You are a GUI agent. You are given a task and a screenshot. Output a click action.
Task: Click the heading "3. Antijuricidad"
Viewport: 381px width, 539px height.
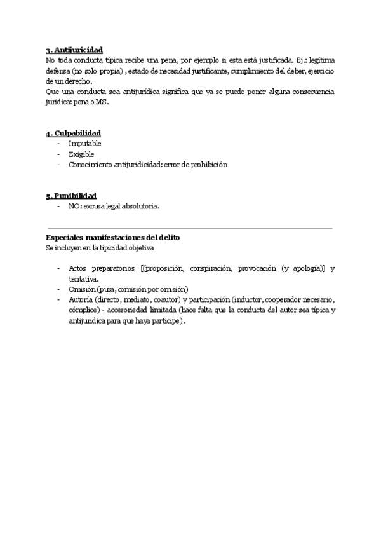74,50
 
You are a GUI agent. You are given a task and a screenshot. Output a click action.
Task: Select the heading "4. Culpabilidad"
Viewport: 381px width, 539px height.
73,133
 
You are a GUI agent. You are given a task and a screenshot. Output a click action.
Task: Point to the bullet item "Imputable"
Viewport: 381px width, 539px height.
85,144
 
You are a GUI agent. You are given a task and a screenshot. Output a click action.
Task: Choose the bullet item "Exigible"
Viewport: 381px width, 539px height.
81,154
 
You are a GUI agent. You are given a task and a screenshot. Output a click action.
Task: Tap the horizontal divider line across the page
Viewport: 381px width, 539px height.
190,227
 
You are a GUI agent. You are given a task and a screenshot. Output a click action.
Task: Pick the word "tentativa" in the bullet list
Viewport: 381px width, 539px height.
83,278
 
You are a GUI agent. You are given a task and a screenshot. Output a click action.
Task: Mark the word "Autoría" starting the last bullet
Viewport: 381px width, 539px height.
80,300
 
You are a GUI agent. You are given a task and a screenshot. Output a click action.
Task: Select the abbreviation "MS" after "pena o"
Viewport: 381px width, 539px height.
102,102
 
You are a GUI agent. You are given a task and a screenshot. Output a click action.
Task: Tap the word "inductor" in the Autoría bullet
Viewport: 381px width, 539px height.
249,300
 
